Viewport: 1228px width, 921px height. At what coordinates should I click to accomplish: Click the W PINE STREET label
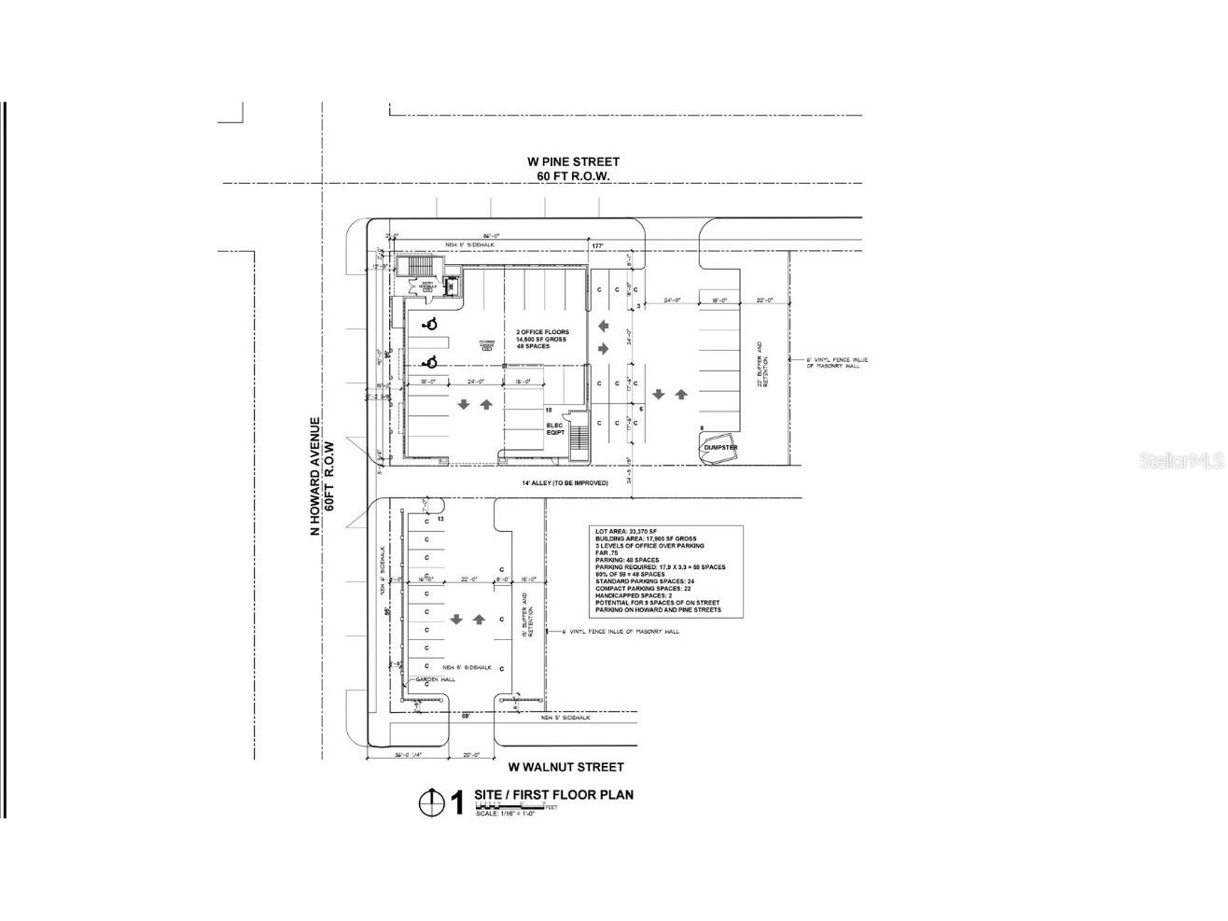pos(572,162)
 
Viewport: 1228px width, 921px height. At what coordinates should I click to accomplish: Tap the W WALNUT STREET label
pos(565,767)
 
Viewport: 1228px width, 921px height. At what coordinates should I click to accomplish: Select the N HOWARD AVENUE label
pos(316,477)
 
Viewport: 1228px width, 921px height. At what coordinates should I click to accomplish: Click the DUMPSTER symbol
pos(719,447)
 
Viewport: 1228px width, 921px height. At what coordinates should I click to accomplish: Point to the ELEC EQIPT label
pos(557,429)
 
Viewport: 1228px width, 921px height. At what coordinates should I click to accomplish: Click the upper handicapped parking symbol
pos(430,325)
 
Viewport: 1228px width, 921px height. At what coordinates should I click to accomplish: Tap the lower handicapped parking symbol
pos(430,362)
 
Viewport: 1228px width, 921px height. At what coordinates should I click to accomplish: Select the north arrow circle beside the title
pos(430,802)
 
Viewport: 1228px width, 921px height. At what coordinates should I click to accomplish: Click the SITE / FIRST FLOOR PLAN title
pos(553,795)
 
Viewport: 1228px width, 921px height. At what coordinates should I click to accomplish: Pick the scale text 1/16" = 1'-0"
pos(506,814)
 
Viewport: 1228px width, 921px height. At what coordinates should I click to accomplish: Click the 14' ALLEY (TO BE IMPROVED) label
pos(565,482)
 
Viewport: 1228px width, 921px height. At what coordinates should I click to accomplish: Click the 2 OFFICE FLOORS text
pos(542,332)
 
